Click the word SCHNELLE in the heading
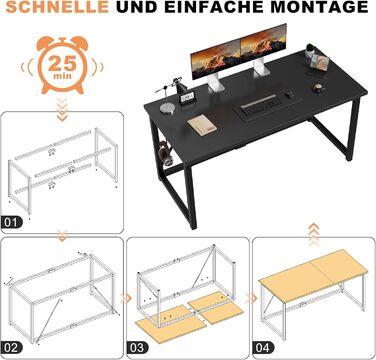tap(57, 7)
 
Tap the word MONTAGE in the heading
tap(320, 7)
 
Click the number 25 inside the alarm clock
tap(62, 62)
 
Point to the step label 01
tap(12, 222)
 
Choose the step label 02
tap(12, 348)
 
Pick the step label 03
tap(137, 348)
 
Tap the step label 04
tap(263, 348)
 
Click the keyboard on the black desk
tap(259, 103)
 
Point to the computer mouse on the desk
tap(289, 95)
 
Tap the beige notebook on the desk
tap(202, 125)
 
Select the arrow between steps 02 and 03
tap(126, 298)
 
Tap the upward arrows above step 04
tap(314, 235)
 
